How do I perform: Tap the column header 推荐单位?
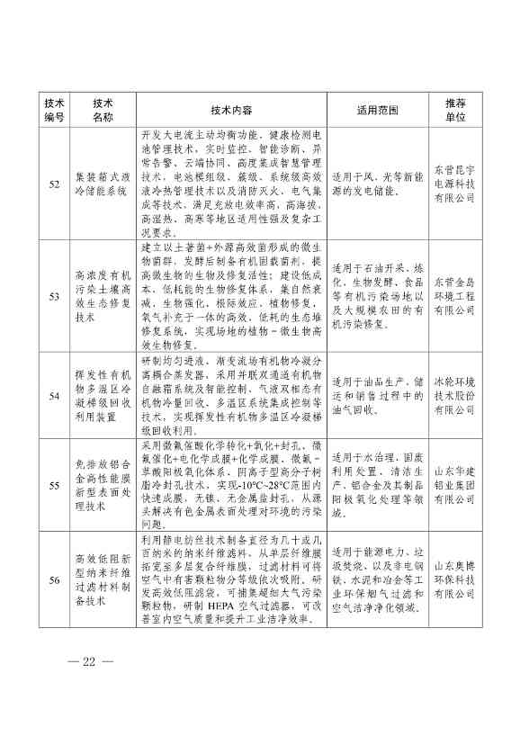click(x=454, y=109)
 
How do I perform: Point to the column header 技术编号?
click(x=54, y=109)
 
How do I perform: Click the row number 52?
click(x=54, y=184)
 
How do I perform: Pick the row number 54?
click(x=54, y=395)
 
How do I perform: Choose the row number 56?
click(x=54, y=580)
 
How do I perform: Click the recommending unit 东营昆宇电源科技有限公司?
click(x=454, y=184)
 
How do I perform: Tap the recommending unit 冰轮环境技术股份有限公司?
click(x=454, y=395)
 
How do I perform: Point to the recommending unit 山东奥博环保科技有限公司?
click(x=454, y=580)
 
